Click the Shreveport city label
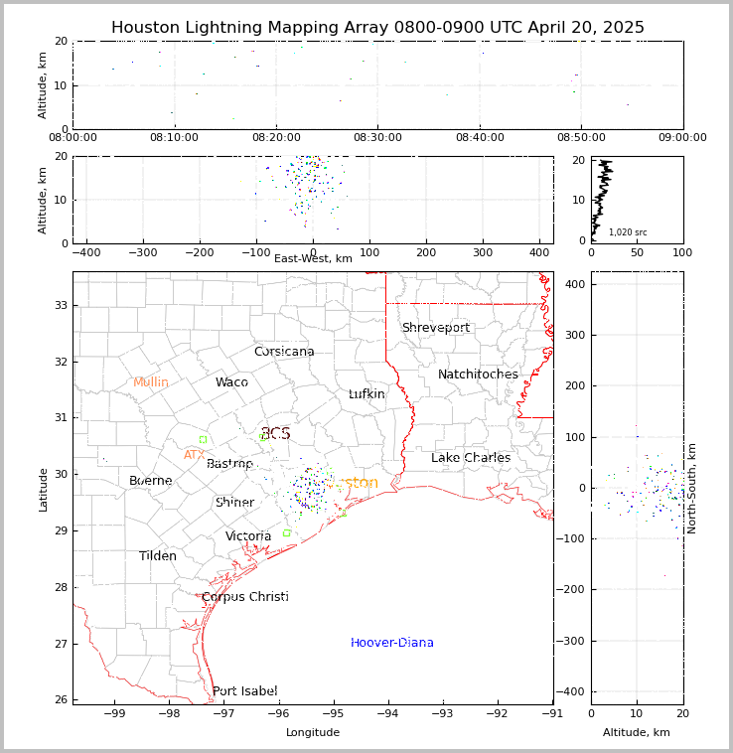click(435, 328)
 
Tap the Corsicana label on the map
click(284, 352)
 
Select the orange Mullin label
click(151, 382)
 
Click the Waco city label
click(231, 382)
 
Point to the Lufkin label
click(366, 394)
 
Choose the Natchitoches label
click(478, 375)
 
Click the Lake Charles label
click(471, 458)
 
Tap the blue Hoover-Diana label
click(392, 643)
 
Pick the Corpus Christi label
click(245, 597)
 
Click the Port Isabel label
click(245, 691)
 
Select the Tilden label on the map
click(158, 556)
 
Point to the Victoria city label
click(248, 536)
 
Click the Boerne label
click(151, 481)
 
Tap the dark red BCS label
click(275, 434)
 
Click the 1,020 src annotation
click(628, 232)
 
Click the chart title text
click(377, 28)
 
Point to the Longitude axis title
click(313, 733)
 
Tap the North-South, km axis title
click(692, 488)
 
